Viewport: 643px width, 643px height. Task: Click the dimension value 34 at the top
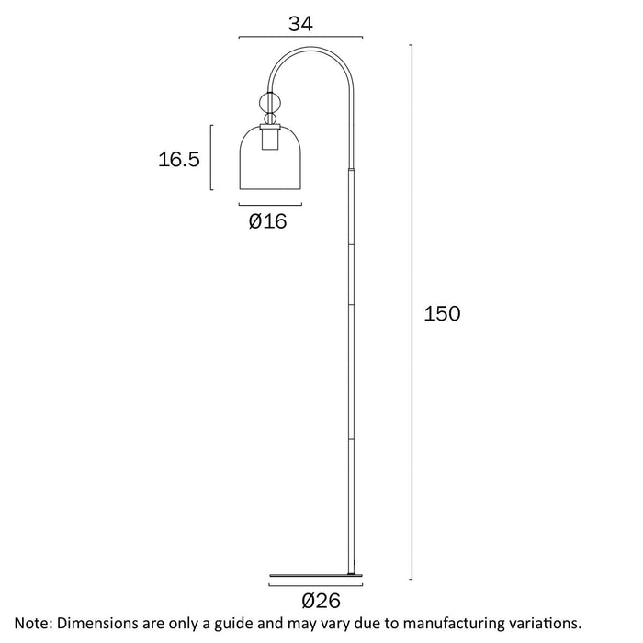pyautogui.click(x=300, y=24)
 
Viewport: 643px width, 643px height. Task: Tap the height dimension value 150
pyautogui.click(x=441, y=313)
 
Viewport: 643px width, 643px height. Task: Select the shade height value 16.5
pyautogui.click(x=179, y=160)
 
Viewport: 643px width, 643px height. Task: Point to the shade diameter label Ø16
pyautogui.click(x=267, y=220)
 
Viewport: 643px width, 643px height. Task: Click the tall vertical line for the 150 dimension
pyautogui.click(x=411, y=312)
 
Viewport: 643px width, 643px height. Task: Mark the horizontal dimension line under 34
pyautogui.click(x=300, y=38)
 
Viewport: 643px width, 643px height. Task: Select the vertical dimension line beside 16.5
pyautogui.click(x=213, y=158)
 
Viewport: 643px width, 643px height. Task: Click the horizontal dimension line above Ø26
pyautogui.click(x=317, y=584)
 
